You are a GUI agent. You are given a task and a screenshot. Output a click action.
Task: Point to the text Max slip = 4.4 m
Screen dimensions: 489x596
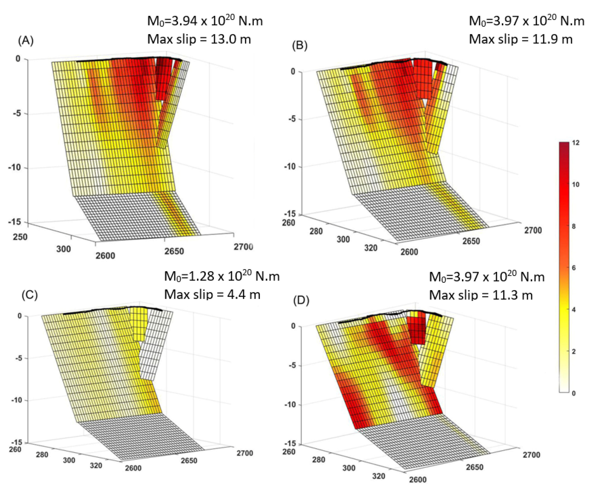(212, 294)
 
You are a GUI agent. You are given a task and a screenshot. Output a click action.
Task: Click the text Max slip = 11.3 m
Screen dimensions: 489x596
(481, 295)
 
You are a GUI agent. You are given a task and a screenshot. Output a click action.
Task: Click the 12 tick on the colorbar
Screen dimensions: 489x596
(576, 143)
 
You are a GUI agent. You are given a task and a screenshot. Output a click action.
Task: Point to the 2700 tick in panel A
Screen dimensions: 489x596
(243, 247)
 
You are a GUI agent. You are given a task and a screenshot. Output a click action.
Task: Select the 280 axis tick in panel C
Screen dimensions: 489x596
(42, 454)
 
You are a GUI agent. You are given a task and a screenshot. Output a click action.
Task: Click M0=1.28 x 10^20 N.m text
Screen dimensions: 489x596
(222, 277)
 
